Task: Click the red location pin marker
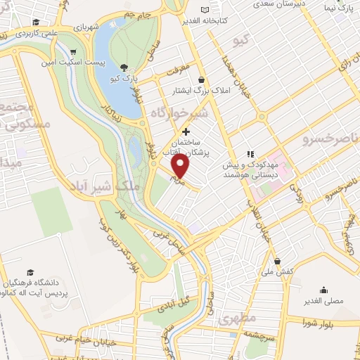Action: coord(181,166)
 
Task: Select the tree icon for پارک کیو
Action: coord(124,67)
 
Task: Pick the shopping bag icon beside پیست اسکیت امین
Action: coord(73,51)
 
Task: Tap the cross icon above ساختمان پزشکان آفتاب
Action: coord(186,131)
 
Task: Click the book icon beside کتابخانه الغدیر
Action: coord(205,10)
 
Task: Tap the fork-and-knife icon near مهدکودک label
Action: coord(249,153)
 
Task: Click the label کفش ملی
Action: coord(276,271)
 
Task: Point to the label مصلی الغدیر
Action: coord(323,300)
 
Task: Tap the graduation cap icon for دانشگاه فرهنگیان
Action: coord(30,271)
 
